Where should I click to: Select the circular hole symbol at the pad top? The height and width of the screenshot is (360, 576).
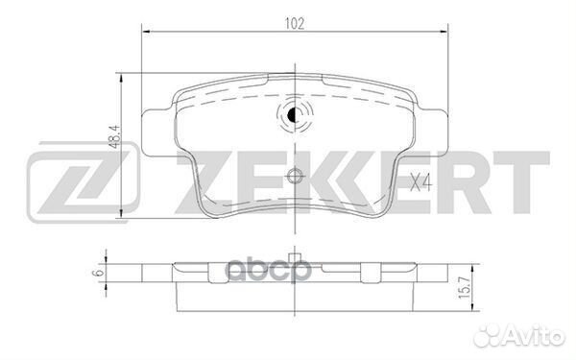295,116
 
